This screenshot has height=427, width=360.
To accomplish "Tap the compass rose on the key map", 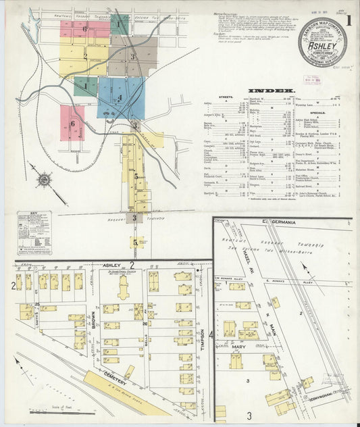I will point(45,180).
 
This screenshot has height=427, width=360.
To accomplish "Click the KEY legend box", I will point(34,232).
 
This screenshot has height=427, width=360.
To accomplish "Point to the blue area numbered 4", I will point(120,97).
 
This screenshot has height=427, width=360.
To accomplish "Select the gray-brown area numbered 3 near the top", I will point(134,56).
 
